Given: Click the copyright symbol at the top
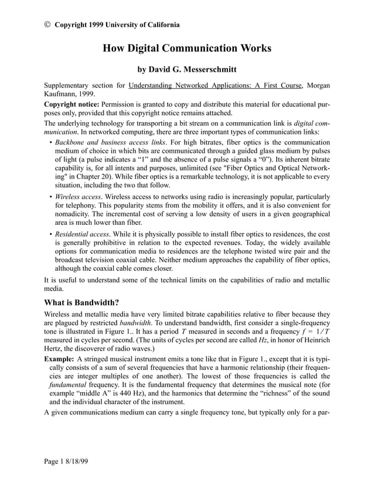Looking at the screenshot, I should pyautogui.click(x=47, y=25).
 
